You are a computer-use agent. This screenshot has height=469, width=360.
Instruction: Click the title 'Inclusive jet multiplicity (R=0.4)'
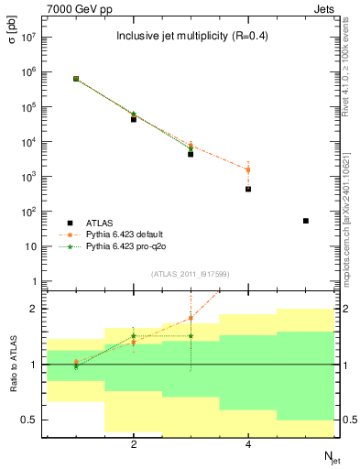[190, 37]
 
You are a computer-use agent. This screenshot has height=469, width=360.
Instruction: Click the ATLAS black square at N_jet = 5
[306, 221]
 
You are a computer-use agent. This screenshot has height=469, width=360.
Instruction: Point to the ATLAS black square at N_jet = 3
[191, 154]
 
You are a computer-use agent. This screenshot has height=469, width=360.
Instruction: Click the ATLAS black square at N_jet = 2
[134, 119]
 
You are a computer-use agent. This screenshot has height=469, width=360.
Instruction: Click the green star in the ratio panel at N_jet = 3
[191, 336]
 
